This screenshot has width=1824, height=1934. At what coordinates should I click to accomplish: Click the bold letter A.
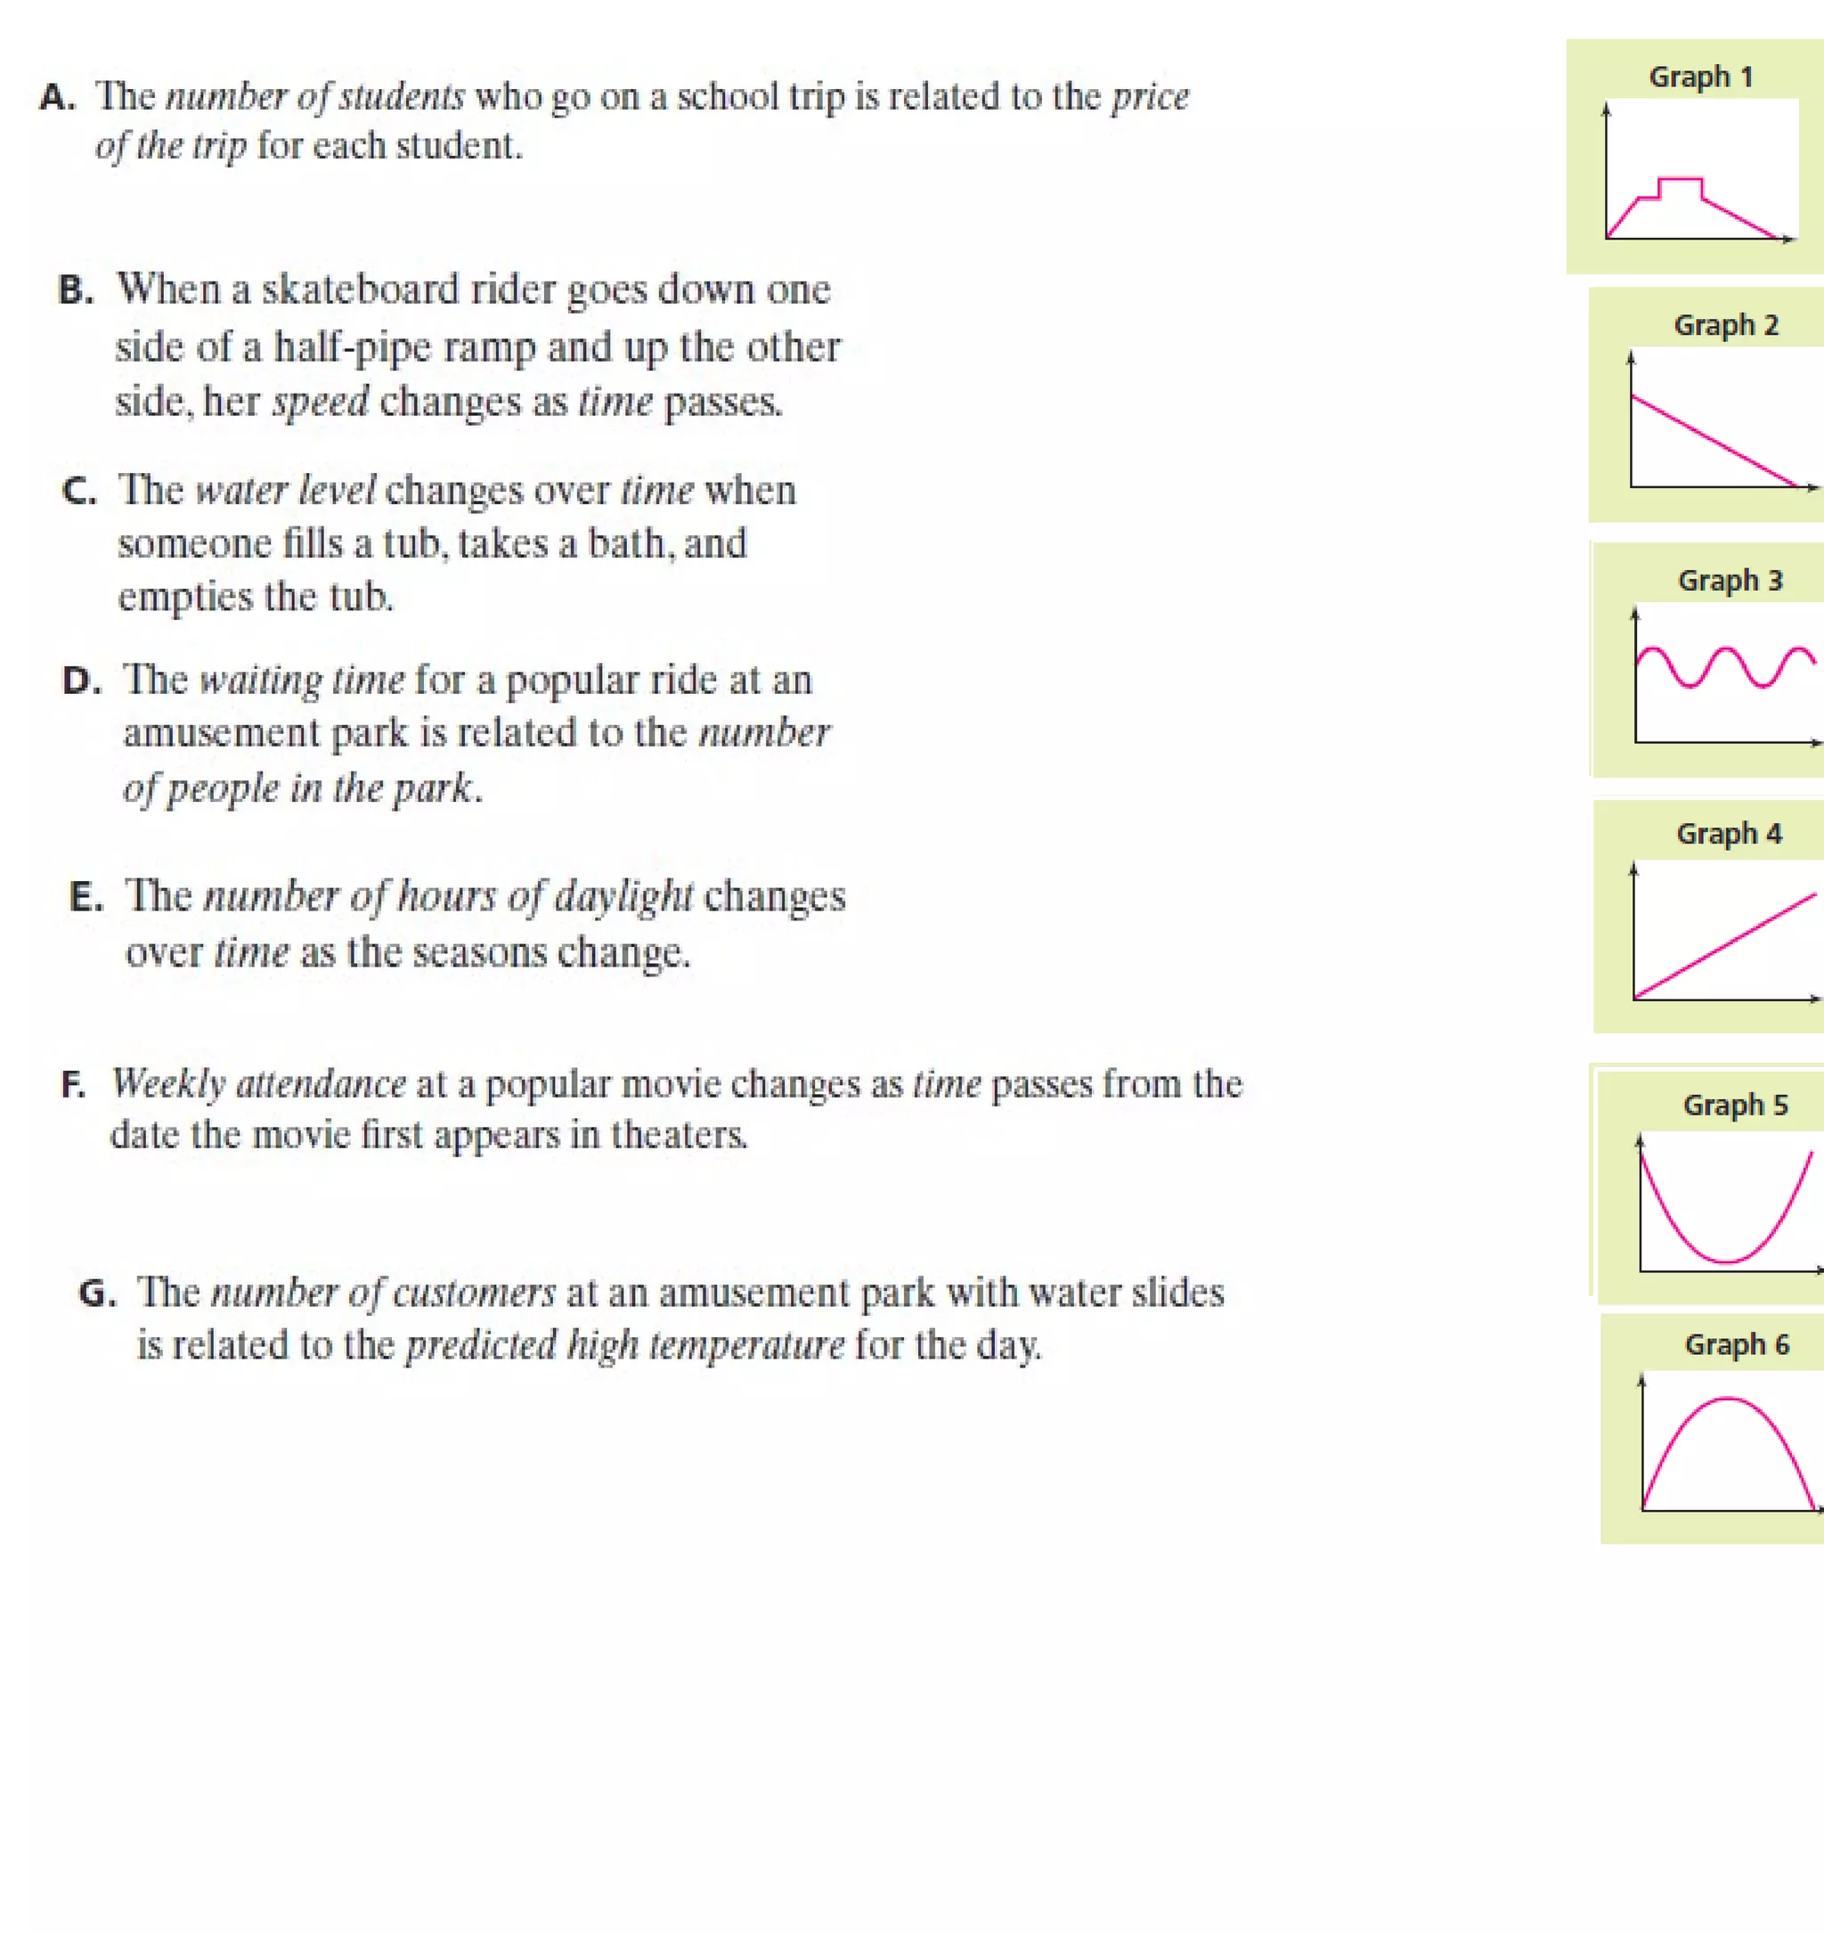[x=56, y=97]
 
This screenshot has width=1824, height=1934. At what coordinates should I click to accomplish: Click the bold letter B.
[x=75, y=290]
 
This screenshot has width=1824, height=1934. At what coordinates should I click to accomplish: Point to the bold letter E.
[x=85, y=896]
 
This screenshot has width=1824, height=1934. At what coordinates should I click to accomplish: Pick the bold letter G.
[x=96, y=1293]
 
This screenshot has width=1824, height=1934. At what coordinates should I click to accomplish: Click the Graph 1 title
[x=1700, y=77]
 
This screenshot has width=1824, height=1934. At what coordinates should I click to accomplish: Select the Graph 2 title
[x=1726, y=325]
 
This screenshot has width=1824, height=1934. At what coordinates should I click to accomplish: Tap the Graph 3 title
[x=1730, y=581]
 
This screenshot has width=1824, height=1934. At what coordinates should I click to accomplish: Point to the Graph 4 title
[x=1729, y=834]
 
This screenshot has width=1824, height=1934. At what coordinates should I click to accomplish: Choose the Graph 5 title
[x=1736, y=1106]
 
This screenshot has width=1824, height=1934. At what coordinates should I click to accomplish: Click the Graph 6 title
[x=1737, y=1344]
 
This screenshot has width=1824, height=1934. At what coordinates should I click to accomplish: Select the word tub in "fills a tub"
[x=411, y=543]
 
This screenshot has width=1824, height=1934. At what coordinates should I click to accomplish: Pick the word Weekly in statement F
[x=168, y=1084]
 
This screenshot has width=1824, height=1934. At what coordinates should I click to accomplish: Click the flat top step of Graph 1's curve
[x=1680, y=179]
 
